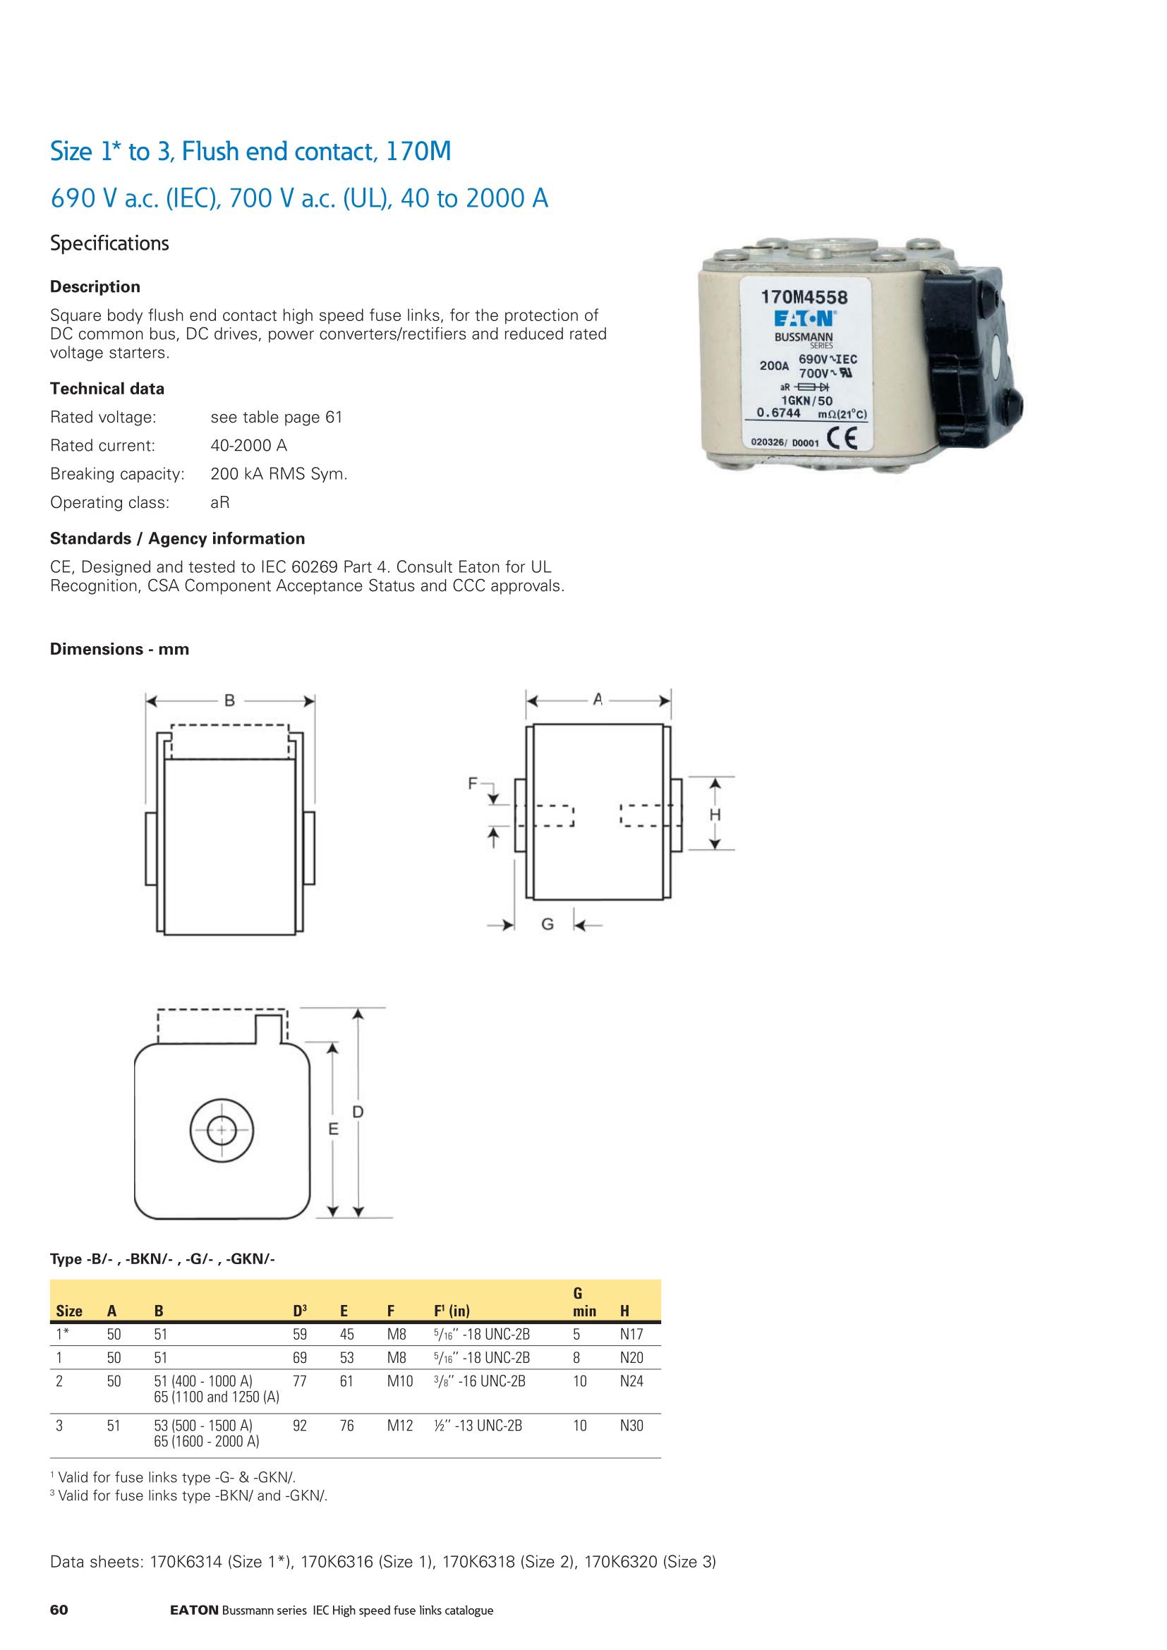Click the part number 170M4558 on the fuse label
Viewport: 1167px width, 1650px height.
[804, 297]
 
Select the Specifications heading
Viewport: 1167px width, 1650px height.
[109, 243]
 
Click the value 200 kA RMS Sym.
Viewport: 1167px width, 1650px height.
[279, 474]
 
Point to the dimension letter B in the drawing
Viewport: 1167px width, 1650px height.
[230, 700]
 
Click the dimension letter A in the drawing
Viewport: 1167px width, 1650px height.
[597, 698]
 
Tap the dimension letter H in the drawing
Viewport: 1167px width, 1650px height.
[715, 814]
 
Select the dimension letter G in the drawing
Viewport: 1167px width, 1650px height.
[547, 925]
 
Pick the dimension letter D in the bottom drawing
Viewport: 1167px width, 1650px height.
[357, 1112]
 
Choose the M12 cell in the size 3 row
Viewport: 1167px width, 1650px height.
[399, 1426]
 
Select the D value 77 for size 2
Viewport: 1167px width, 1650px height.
[300, 1381]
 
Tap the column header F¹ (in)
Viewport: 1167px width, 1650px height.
[452, 1311]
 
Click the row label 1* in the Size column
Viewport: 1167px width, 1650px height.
[63, 1335]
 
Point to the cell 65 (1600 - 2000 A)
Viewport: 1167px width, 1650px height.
[206, 1442]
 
